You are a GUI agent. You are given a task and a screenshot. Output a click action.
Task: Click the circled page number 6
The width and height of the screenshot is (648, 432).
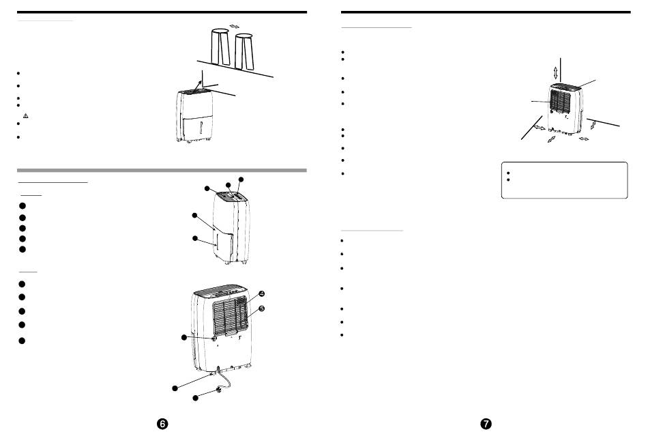162,423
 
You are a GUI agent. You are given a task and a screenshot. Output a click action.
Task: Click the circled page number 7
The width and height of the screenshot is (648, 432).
486,423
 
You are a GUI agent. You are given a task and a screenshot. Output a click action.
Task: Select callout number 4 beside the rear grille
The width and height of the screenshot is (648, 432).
261,293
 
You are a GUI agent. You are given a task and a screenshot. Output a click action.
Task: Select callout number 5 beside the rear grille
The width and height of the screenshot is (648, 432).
261,308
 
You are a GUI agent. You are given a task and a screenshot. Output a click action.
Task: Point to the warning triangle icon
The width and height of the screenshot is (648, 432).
25,117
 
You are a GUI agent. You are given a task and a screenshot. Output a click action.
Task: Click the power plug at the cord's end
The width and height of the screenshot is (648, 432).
219,391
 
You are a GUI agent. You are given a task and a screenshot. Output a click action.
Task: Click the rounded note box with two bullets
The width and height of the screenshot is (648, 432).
563,180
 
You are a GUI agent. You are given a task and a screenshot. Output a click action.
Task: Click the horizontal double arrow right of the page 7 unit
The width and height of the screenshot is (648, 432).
584,139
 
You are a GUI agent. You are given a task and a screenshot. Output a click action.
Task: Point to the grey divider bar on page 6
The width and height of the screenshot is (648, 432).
161,170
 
